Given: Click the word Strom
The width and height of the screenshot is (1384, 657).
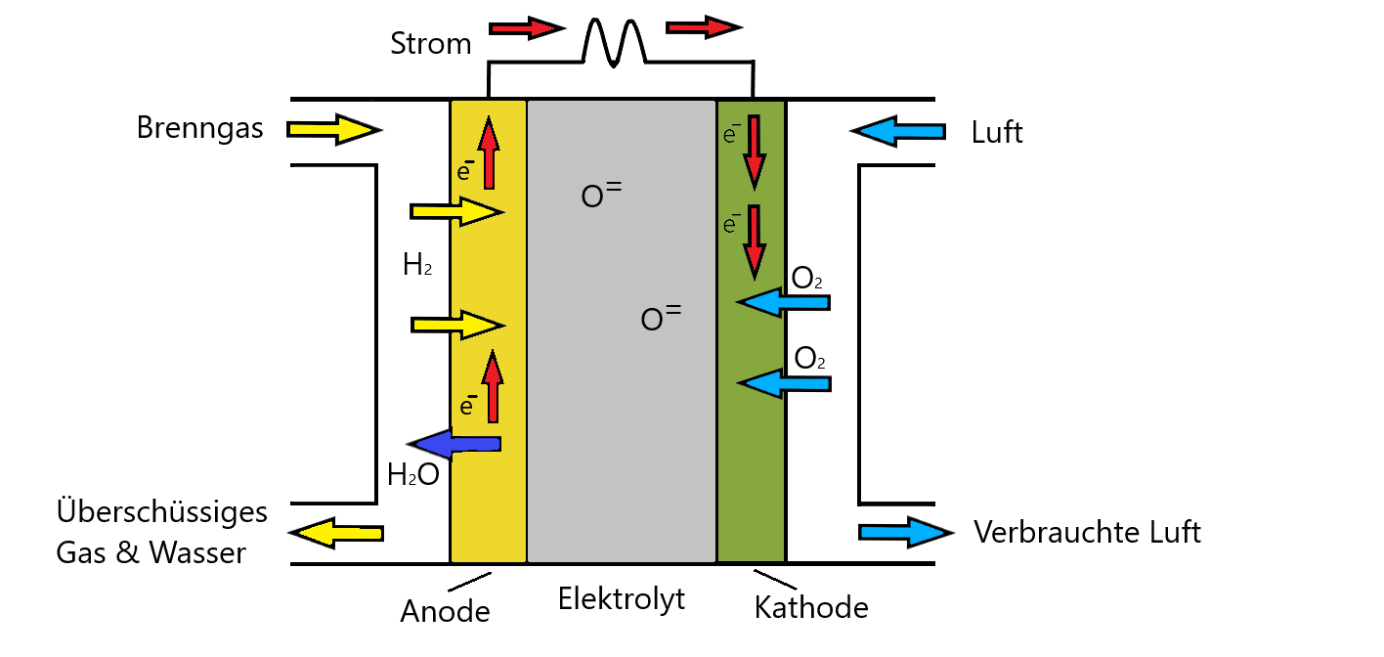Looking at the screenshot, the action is (x=431, y=44).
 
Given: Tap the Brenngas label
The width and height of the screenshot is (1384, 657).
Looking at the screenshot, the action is (x=199, y=128).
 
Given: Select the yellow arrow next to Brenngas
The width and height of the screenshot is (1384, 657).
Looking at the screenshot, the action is (x=334, y=130).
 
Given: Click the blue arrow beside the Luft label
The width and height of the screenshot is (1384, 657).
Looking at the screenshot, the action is (x=898, y=131).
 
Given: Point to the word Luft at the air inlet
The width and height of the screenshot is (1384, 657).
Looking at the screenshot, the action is (x=997, y=132).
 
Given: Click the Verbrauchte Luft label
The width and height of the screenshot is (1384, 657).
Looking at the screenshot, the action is (x=1088, y=532).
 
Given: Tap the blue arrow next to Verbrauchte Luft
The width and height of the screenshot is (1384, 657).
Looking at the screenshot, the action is (x=906, y=532).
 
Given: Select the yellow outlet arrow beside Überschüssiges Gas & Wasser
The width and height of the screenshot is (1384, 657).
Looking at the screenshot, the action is (x=336, y=533).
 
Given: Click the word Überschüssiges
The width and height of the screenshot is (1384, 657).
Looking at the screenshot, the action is (x=162, y=511).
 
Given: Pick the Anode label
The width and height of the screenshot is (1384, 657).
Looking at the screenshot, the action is (x=445, y=611).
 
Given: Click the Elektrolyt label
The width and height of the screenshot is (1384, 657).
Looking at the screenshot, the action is (x=622, y=598).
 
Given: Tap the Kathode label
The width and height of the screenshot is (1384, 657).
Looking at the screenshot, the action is (x=811, y=607).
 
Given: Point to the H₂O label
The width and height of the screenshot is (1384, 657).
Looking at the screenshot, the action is (x=413, y=475).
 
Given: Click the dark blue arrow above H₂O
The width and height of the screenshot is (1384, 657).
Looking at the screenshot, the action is (x=454, y=445).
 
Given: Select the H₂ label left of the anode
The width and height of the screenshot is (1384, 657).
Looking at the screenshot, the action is (x=417, y=265).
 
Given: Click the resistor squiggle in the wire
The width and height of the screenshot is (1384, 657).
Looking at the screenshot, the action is (x=614, y=43).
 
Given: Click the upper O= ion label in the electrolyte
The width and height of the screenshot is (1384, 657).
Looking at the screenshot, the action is (x=601, y=195).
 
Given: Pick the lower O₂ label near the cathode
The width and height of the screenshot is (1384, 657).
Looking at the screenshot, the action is (x=809, y=358).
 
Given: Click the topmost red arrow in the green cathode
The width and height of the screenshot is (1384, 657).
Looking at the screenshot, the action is (x=755, y=153).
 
